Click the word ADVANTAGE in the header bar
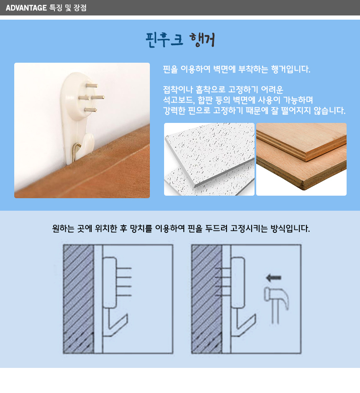(26, 8)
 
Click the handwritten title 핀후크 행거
(180, 40)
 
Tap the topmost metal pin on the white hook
(92, 86)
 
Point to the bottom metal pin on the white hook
(90, 110)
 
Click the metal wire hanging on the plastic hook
(75, 152)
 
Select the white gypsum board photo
(209, 159)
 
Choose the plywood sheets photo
(301, 159)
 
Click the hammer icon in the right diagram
(276, 305)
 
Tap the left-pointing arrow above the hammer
(273, 278)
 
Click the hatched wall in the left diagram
(79, 299)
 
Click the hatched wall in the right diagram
(207, 299)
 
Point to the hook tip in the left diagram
(127, 315)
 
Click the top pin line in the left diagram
(124, 268)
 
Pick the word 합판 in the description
(205, 100)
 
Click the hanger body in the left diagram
(110, 283)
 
